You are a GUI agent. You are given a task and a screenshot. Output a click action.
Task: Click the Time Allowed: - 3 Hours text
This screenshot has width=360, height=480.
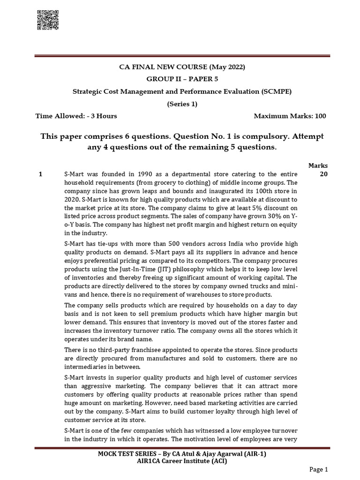76,116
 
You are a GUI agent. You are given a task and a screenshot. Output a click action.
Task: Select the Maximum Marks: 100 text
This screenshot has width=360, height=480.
290,116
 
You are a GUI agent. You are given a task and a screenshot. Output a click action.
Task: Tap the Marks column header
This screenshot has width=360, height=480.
318,165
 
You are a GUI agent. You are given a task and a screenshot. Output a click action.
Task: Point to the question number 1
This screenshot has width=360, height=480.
41,174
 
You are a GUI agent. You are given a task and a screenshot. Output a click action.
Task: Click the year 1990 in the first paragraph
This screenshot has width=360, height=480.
136,174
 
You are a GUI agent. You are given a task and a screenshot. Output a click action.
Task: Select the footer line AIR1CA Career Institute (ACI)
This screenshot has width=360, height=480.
180,461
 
